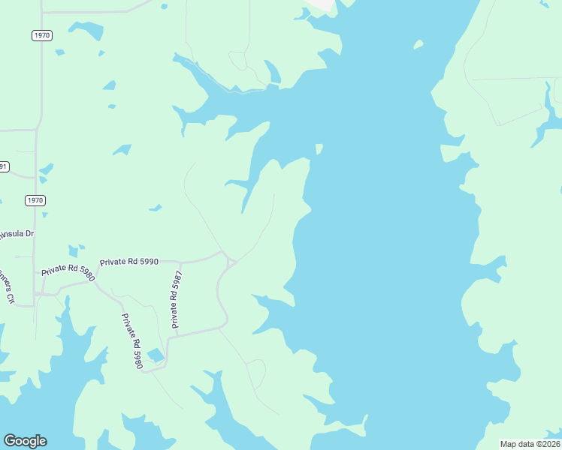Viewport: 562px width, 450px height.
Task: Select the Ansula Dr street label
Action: (17, 234)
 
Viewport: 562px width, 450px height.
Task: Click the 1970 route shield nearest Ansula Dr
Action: (35, 200)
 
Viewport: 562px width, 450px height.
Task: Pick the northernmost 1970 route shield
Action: (42, 35)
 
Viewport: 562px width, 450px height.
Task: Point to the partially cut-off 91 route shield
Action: (4, 166)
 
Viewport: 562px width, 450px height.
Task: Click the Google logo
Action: (25, 441)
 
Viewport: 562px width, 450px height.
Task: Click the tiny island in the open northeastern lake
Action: (418, 45)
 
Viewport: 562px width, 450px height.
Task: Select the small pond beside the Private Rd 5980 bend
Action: (156, 354)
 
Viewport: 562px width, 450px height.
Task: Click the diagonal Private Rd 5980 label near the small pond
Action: (132, 341)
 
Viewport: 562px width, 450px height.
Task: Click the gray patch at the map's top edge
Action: (323, 4)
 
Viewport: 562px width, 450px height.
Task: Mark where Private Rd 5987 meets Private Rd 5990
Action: (180, 262)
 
